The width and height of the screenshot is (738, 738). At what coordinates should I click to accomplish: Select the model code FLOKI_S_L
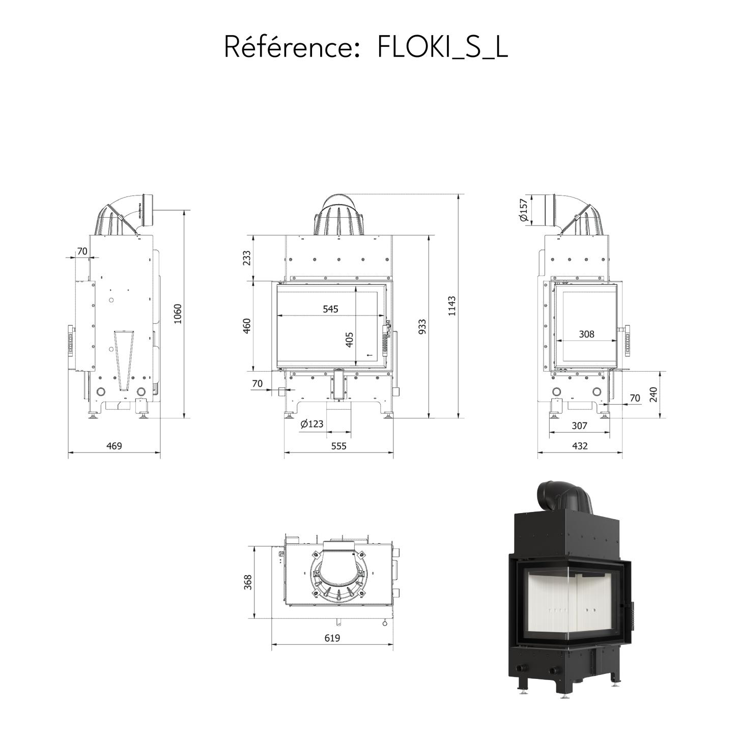pos(442,47)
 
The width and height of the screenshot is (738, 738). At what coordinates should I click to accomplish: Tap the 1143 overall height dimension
pos(452,305)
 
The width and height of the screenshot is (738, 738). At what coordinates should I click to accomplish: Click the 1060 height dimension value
pos(177,314)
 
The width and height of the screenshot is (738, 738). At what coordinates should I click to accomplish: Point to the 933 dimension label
pos(421,327)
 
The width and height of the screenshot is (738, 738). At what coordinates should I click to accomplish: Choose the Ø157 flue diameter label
pos(524,210)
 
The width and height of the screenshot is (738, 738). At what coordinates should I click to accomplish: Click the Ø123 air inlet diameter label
pos(312,424)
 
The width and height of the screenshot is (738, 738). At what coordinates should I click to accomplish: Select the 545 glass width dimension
pos(330,308)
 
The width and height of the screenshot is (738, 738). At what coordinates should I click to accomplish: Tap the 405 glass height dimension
pos(349,339)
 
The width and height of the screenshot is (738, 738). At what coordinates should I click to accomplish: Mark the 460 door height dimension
pos(247,326)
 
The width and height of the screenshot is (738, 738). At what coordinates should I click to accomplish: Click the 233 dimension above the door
pos(247,258)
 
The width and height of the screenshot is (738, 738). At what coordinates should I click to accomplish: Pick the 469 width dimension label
pos(113,446)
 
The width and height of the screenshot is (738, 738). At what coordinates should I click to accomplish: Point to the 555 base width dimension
pos(338,446)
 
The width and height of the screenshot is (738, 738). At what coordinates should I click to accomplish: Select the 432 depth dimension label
pos(579,446)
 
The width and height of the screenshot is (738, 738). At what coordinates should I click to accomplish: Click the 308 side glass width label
pos(586,334)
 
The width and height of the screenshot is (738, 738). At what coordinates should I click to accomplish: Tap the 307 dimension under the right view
pos(579,425)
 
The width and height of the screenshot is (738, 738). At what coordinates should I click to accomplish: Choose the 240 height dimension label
pos(653,395)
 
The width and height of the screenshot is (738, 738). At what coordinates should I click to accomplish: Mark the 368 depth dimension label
pos(248,582)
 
